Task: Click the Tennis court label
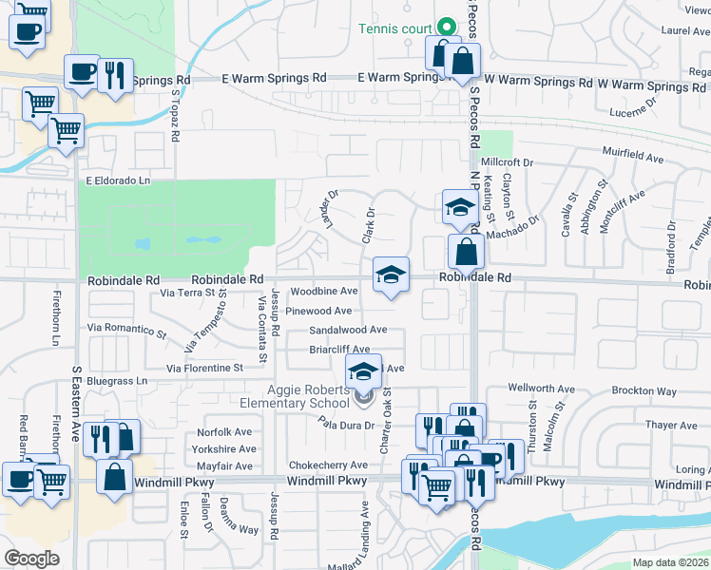coord(394,28)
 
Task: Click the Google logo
coord(31,558)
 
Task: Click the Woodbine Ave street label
coord(323,292)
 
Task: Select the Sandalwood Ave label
coord(348,330)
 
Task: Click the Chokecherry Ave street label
coord(328,465)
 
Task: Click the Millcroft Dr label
coord(508,162)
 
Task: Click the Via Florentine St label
coord(204,368)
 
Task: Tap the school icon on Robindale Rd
coord(391,275)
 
